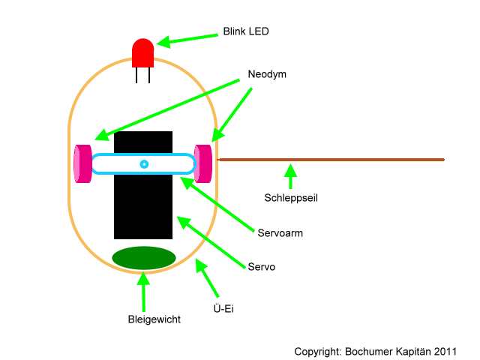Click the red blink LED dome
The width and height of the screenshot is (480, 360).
[142, 52]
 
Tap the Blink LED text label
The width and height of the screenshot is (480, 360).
[246, 31]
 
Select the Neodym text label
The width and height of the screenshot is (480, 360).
[267, 74]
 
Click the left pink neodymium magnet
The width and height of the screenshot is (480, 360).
[82, 163]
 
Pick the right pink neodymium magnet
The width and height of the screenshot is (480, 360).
[203, 163]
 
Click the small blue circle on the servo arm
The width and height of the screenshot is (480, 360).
[144, 164]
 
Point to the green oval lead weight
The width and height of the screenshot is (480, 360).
[144, 258]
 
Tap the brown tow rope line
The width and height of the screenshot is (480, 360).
[331, 160]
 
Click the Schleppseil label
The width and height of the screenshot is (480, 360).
[291, 198]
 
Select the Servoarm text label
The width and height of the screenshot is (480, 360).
[280, 233]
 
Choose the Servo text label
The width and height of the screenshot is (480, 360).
[262, 267]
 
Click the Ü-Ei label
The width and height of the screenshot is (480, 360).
[223, 308]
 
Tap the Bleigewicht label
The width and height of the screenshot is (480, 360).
[154, 319]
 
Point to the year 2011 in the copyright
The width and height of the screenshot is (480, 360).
[445, 352]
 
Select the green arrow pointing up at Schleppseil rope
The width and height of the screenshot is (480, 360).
[290, 177]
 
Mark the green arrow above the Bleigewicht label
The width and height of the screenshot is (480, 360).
[143, 292]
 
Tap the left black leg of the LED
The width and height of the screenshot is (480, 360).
[136, 75]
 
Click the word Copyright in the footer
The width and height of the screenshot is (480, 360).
[318, 352]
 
